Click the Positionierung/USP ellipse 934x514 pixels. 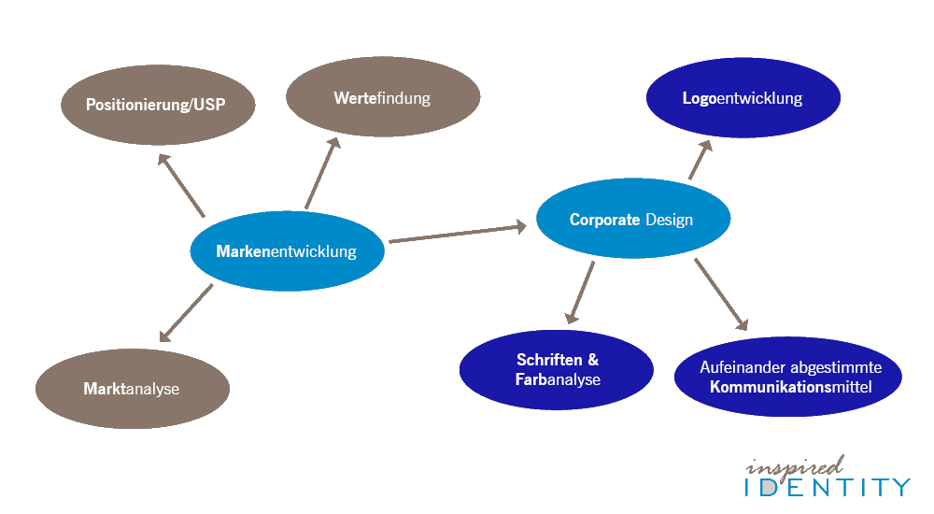tap(157, 103)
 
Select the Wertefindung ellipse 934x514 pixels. tap(382, 97)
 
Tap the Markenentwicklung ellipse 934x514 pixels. tap(287, 250)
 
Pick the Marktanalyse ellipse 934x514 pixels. tap(132, 389)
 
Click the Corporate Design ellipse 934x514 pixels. tap(632, 220)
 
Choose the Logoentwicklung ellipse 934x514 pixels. tap(743, 98)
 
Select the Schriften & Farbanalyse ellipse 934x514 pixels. tap(556, 370)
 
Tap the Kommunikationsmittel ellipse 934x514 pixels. tap(787, 377)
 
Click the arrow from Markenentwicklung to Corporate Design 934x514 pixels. tap(458, 233)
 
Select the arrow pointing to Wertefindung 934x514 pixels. tap(320, 174)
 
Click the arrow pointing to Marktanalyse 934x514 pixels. tap(186, 313)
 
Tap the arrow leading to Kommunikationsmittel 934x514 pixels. tap(721, 295)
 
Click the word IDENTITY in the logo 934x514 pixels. tap(827, 487)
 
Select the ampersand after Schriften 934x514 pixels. tap(592, 360)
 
